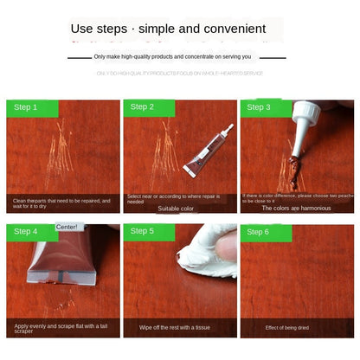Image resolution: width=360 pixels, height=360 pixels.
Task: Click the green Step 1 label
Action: [x=32, y=108]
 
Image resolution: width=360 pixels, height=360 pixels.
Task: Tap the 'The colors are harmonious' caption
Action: [x=297, y=209]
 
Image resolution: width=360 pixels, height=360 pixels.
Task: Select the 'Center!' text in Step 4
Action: [x=67, y=227]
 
